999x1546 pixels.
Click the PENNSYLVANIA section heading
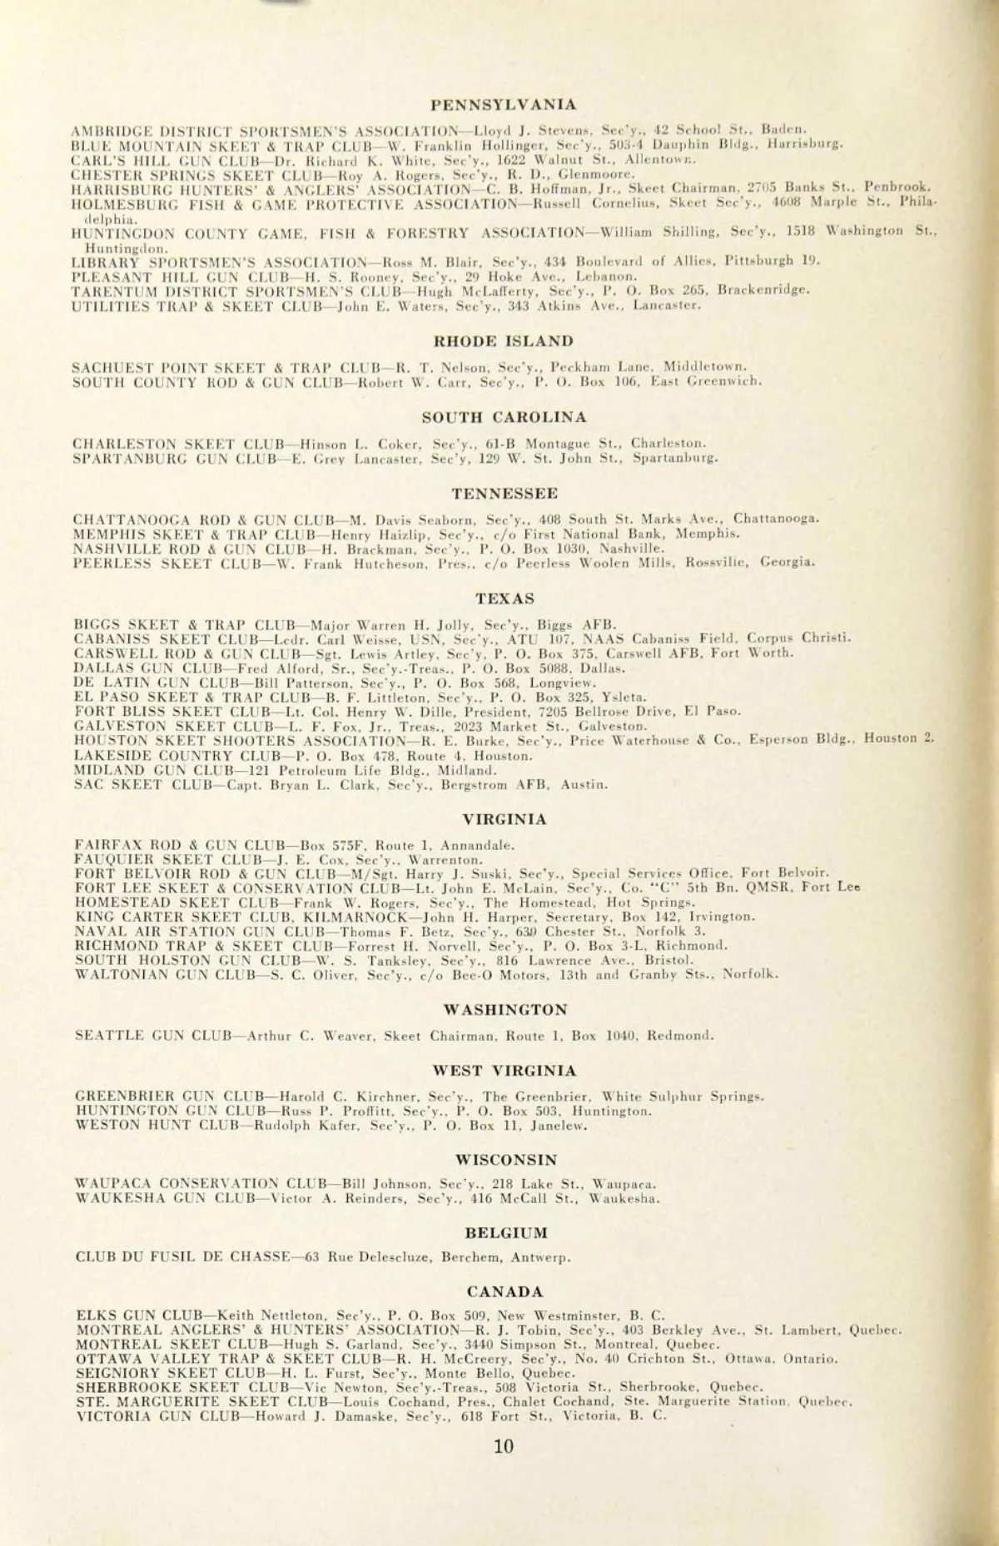click(x=504, y=105)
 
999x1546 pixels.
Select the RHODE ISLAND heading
click(x=504, y=341)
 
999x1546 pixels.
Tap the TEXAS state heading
click(x=504, y=598)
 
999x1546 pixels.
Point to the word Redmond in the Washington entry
click(x=687, y=1036)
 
